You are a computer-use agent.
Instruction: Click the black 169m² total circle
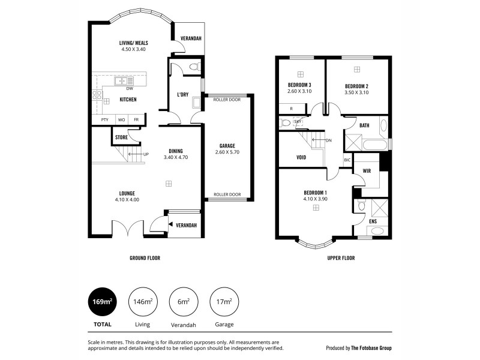101,302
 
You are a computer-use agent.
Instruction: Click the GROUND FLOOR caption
145,258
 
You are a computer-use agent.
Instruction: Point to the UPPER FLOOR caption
341,258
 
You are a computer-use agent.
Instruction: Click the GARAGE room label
227,146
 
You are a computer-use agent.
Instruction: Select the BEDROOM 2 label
356,86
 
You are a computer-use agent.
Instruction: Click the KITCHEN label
128,100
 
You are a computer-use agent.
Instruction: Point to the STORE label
121,137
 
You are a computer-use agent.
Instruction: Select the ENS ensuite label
373,221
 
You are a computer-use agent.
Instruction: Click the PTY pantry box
104,120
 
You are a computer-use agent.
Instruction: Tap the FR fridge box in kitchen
137,120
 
